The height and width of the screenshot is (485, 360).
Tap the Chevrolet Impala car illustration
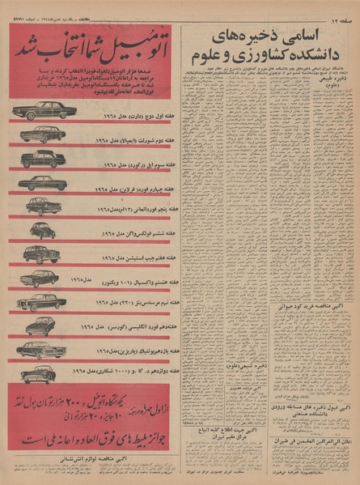40,134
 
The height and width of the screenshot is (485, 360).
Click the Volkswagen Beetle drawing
42,231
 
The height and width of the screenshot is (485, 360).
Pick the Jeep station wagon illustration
42,254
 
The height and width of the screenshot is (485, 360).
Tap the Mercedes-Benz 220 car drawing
40,302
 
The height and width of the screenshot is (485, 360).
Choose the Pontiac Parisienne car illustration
40,350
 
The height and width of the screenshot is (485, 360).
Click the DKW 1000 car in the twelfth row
42,373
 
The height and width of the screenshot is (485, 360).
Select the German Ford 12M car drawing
42,206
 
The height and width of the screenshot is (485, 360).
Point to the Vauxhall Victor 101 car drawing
40,279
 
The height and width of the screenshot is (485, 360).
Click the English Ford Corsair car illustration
40,325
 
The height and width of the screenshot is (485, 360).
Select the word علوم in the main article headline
209,56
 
